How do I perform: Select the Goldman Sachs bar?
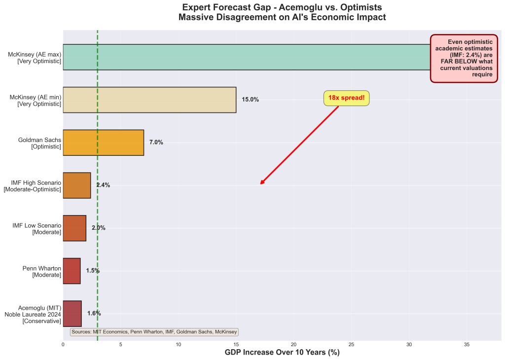[103, 143]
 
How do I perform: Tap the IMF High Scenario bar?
[77, 185]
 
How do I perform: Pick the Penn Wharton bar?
[72, 271]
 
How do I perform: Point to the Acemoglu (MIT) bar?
[72, 314]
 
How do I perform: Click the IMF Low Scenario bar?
[74, 228]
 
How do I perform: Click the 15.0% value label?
[250, 100]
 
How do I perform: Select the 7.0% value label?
[156, 143]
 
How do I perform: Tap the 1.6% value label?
[94, 314]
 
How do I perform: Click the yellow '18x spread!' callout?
[346, 98]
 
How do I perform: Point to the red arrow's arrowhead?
[261, 183]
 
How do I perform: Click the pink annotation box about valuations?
[464, 58]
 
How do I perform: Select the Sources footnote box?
[154, 332]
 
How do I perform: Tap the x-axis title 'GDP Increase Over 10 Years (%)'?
[282, 353]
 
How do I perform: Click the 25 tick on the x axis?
[352, 345]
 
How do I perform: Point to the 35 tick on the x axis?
[467, 345]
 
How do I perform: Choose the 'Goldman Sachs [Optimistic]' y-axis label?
[39, 143]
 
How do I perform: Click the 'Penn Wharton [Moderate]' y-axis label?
[42, 271]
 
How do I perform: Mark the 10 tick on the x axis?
[178, 345]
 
